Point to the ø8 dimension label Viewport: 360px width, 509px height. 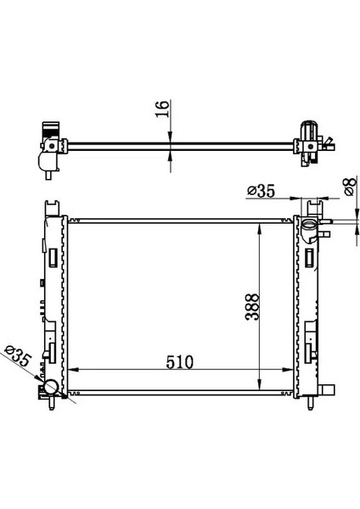pyautogui.click(x=349, y=186)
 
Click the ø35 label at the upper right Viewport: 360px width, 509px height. pyautogui.click(x=261, y=193)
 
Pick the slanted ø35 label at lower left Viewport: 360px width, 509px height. pyautogui.click(x=20, y=357)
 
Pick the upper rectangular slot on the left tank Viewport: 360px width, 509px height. pyautogui.click(x=53, y=255)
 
